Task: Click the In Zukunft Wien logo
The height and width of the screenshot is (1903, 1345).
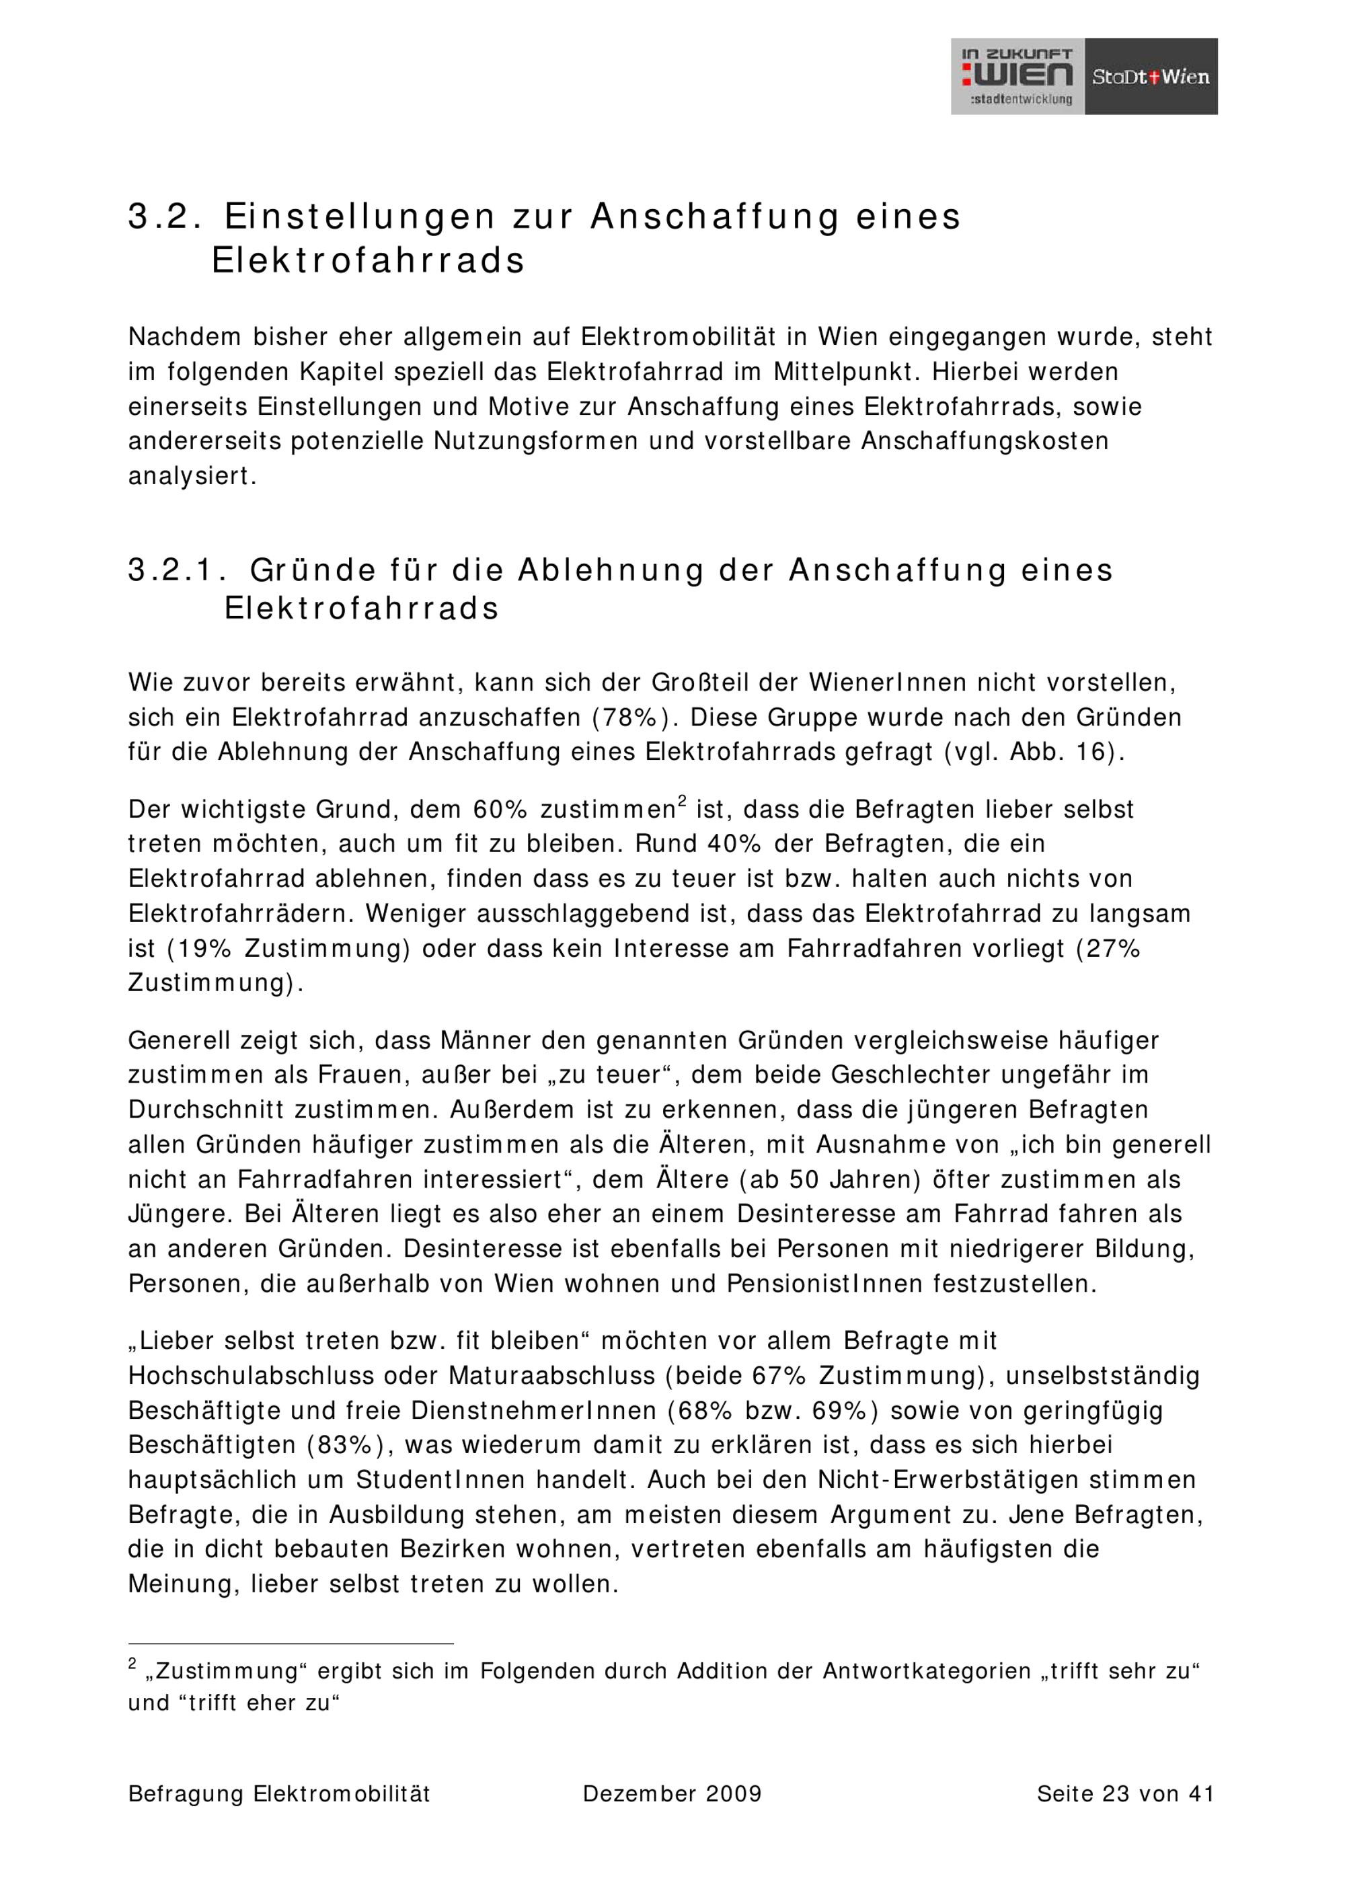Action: tap(1017, 76)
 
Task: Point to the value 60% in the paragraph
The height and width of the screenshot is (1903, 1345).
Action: tap(500, 809)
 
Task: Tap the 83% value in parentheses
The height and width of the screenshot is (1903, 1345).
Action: tap(346, 1444)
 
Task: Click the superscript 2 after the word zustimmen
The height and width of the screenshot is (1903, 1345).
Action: tap(682, 801)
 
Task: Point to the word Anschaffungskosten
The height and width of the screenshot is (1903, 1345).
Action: tap(985, 441)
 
